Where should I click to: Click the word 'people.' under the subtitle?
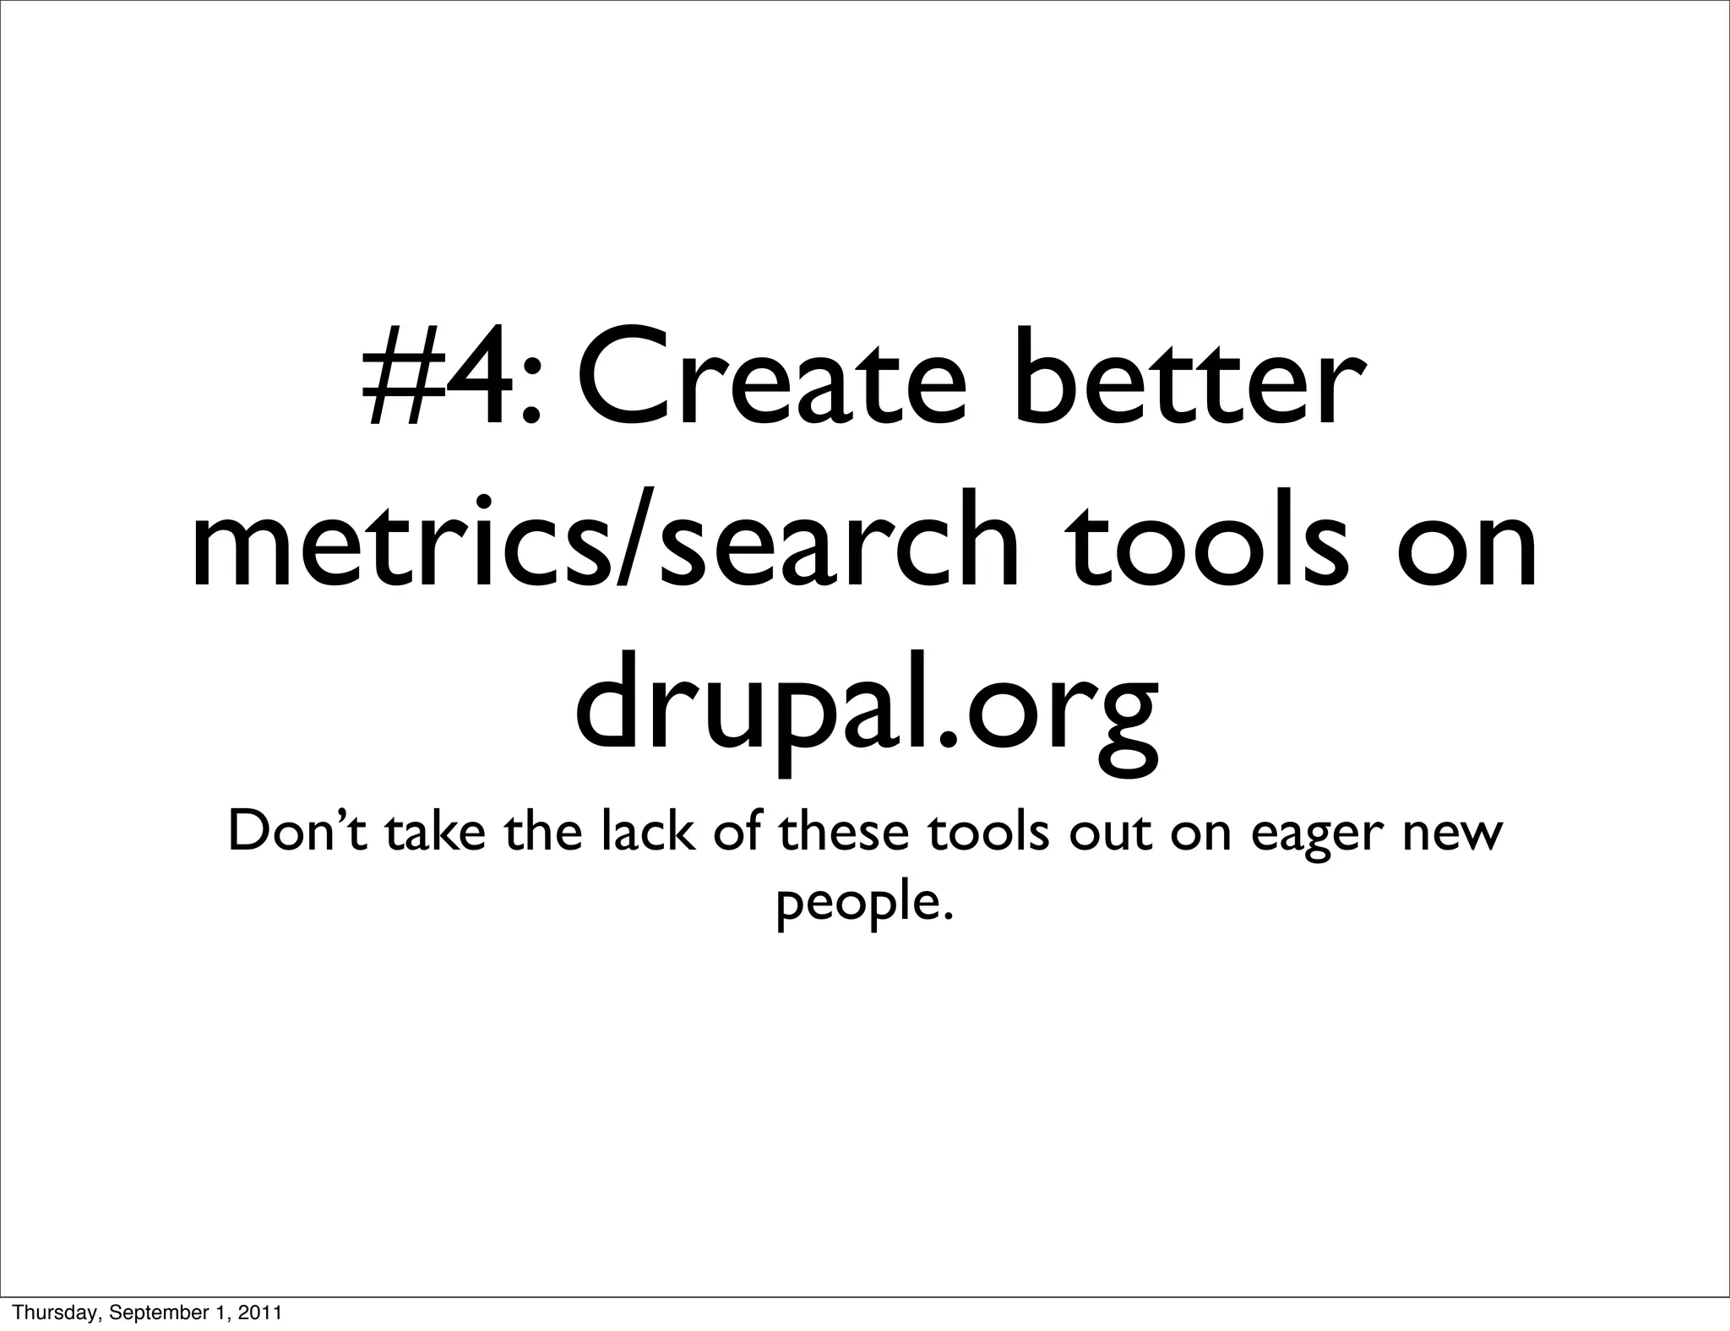coord(864,904)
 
